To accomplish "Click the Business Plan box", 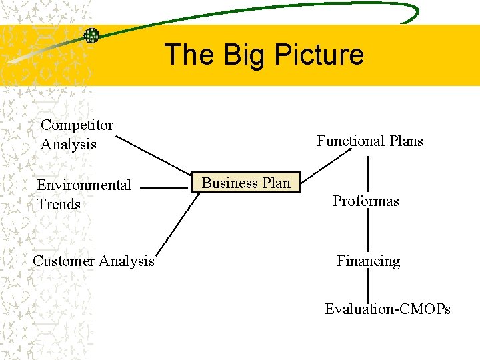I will pos(247,183).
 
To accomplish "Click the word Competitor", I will pos(77,125).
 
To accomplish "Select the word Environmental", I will pos(84,185).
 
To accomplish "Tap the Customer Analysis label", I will pos(93,261).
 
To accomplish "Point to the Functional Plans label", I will pos(370,141).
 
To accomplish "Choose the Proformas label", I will pos(366,201).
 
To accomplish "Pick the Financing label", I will pos(368,261).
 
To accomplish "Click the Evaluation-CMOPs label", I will pos(387,309).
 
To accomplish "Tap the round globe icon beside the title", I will pos(91,35).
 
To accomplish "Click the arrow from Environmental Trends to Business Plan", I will pos(165,189).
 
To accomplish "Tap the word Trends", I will pos(58,204).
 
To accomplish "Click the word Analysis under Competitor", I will pos(68,144).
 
